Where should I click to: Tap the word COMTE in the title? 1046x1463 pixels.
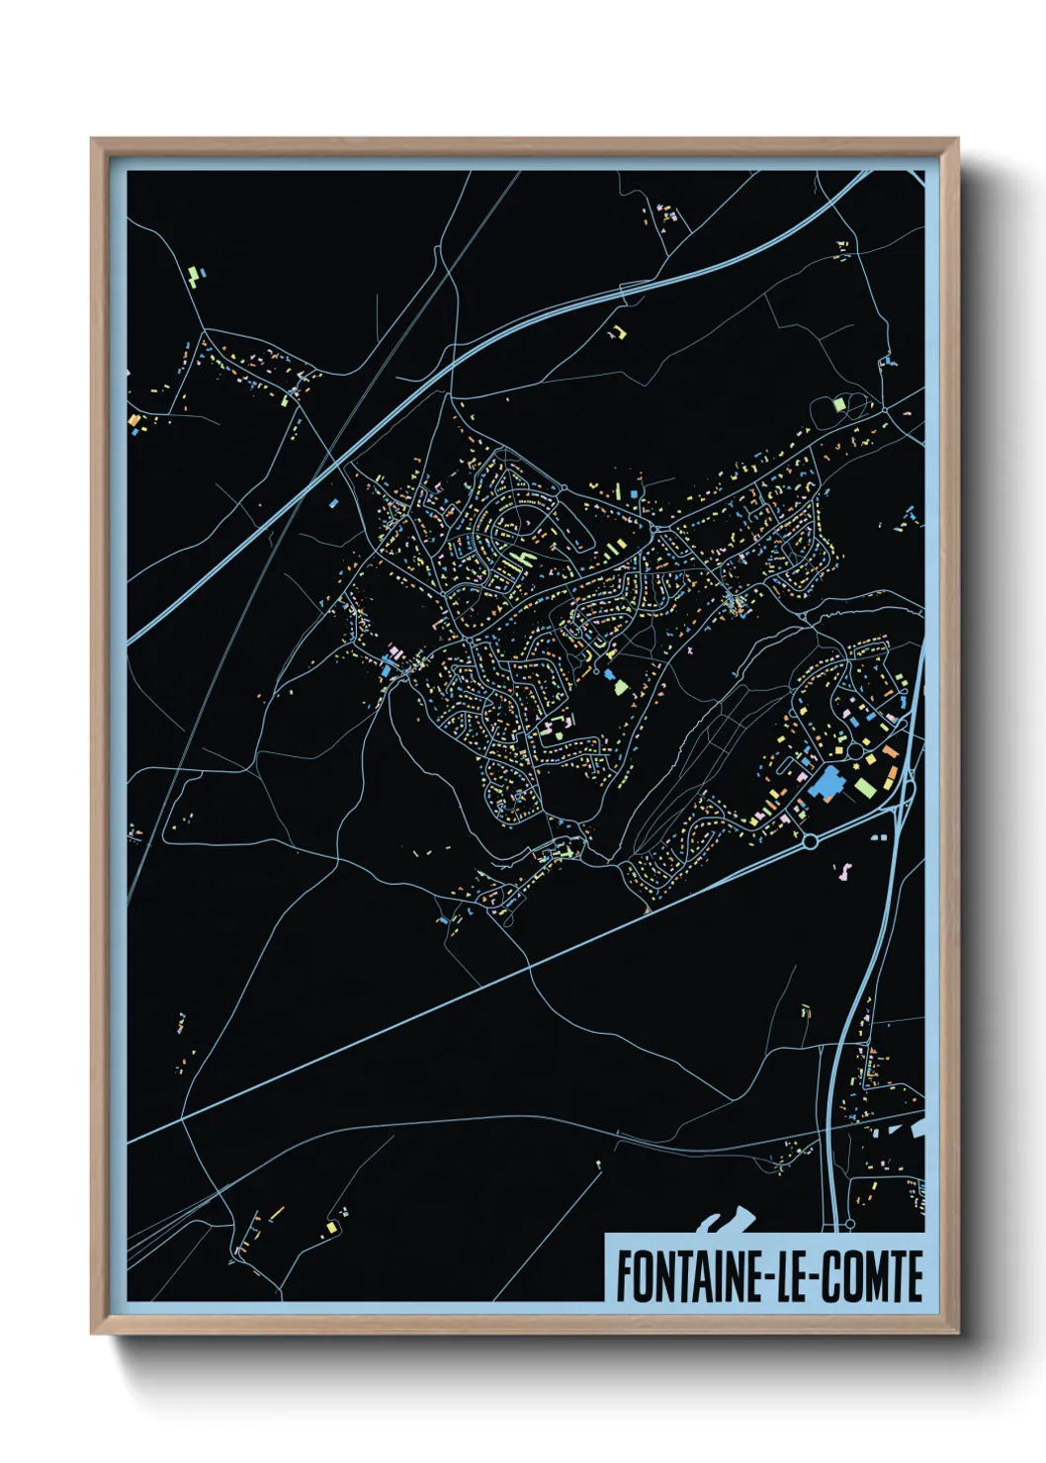point(874,1276)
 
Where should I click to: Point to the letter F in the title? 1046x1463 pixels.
point(623,1276)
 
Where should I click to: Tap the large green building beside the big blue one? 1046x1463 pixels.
point(866,787)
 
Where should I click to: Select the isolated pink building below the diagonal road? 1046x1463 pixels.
point(845,872)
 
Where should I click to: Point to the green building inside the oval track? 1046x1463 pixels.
point(839,403)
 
